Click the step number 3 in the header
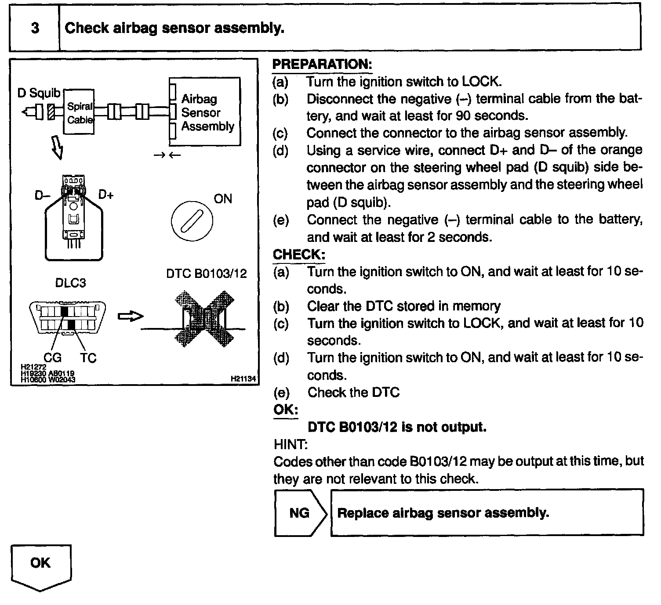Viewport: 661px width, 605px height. click(x=35, y=29)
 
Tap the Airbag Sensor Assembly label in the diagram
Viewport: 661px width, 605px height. click(x=207, y=113)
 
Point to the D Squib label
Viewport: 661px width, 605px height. click(x=39, y=93)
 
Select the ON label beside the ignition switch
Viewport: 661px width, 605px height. click(x=223, y=199)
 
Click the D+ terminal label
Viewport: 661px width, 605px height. click(x=106, y=194)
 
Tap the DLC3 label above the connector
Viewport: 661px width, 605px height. click(x=70, y=283)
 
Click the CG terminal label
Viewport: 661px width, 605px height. click(x=52, y=358)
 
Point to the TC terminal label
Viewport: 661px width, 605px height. click(x=88, y=358)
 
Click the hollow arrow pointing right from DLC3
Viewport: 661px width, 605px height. click(x=131, y=316)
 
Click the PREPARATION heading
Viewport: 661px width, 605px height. click(x=322, y=65)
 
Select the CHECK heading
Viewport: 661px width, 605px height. click(x=299, y=255)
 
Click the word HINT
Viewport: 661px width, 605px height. click(x=290, y=444)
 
